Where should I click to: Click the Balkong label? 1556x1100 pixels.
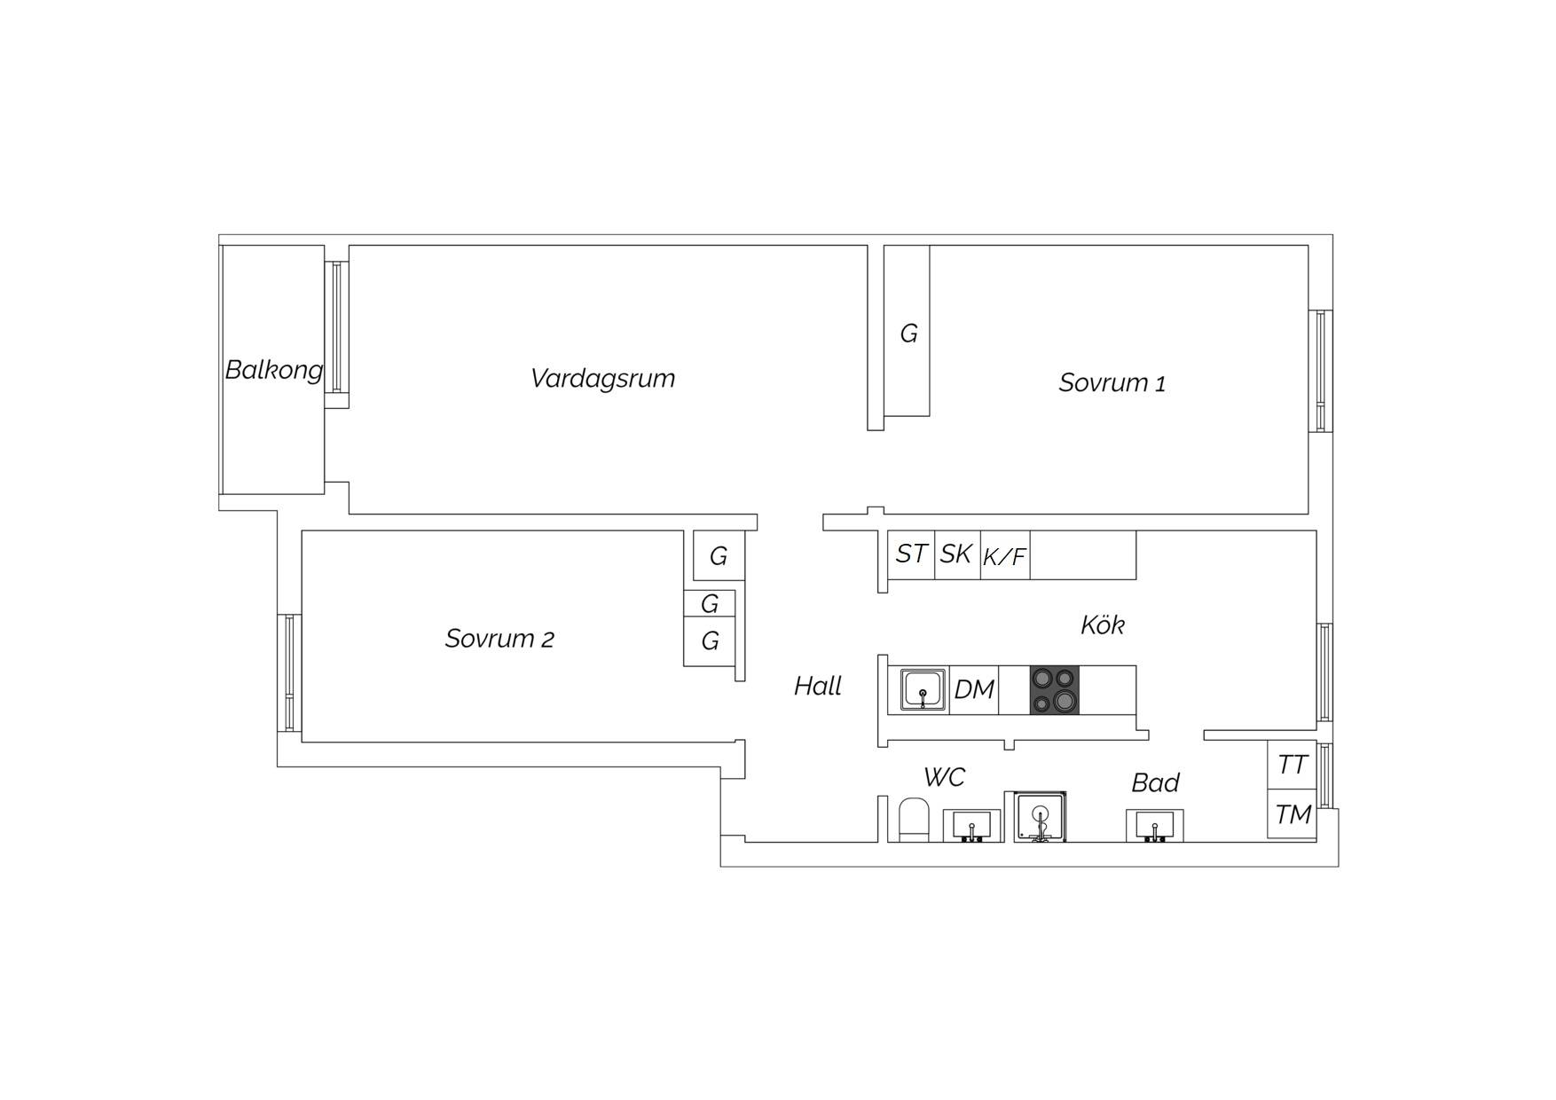[x=273, y=369]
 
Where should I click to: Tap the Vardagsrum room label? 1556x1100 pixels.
[x=602, y=379]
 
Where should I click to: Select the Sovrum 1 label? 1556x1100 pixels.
[x=1112, y=383]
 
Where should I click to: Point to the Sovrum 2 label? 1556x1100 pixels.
[x=499, y=639]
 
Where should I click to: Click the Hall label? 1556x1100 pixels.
[x=817, y=686]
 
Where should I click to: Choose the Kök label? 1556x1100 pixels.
[x=1103, y=625]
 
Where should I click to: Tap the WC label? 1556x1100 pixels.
[x=944, y=777]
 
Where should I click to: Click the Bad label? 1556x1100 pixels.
[x=1155, y=782]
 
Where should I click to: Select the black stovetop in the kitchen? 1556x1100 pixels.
[x=1055, y=689]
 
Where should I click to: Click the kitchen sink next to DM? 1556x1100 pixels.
[x=923, y=689]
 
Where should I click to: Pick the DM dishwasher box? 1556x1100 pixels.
[x=974, y=689]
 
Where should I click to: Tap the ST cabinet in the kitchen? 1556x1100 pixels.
[x=911, y=554]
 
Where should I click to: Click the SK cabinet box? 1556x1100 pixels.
[x=957, y=554]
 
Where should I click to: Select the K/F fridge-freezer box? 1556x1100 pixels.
[x=1005, y=554]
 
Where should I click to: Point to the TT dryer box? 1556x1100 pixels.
[x=1292, y=764]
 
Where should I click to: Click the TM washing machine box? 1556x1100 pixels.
[x=1292, y=813]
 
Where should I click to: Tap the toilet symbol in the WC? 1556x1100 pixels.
[x=914, y=820]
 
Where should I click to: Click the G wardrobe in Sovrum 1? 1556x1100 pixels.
[x=908, y=331]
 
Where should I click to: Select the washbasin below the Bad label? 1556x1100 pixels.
[x=1154, y=825]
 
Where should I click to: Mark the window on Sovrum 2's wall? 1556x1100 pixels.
[x=289, y=672]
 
